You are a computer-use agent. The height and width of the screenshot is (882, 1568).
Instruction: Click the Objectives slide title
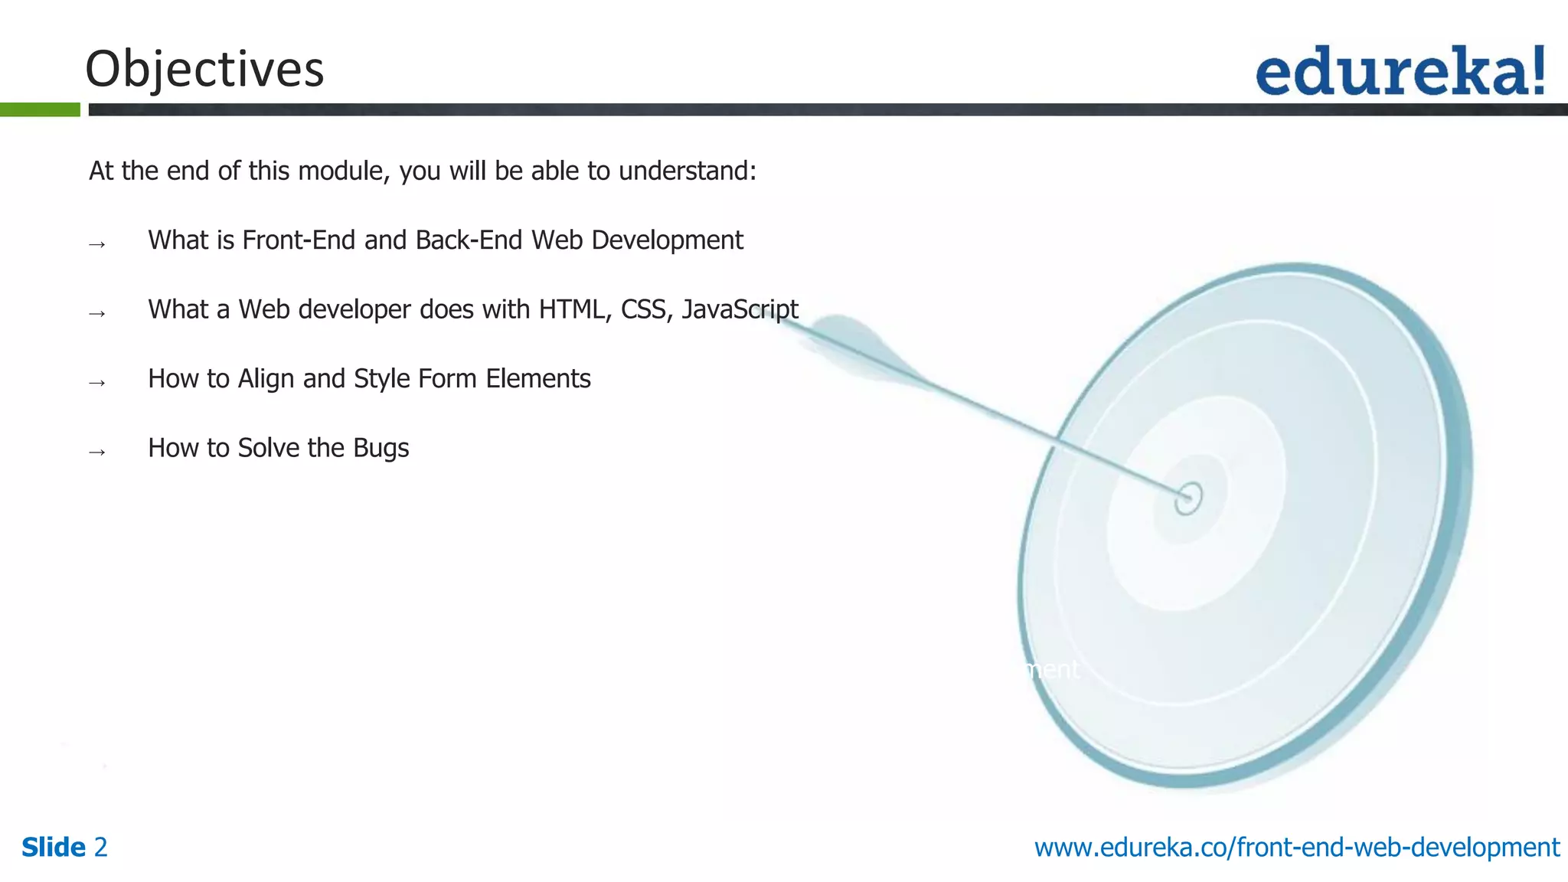click(204, 69)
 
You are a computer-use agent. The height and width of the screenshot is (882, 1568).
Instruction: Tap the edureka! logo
click(1400, 70)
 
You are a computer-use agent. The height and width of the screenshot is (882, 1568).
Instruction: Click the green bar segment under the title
click(40, 109)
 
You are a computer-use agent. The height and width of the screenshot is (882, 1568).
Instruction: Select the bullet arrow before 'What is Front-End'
click(97, 245)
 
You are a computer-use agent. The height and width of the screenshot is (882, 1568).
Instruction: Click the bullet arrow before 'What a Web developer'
click(97, 314)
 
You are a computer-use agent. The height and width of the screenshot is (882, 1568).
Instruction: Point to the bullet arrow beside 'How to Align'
click(97, 383)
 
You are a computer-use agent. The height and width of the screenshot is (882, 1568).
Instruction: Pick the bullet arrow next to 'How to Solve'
click(97, 452)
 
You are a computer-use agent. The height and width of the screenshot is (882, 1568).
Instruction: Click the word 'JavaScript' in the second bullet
click(740, 309)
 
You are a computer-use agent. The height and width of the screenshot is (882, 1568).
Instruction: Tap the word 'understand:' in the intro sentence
click(687, 171)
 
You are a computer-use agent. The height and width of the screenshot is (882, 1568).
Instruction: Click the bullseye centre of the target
click(1188, 498)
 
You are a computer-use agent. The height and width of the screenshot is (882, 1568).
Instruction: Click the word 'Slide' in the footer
click(54, 848)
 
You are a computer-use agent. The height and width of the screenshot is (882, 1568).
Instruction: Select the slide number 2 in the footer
click(100, 848)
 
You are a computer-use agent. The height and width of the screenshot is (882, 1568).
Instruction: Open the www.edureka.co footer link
click(1296, 848)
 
